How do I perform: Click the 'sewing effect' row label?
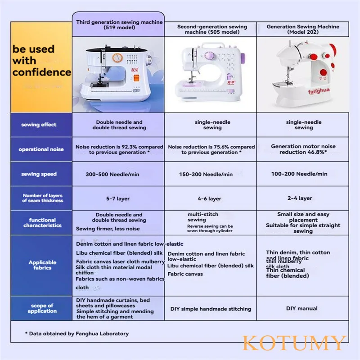39,125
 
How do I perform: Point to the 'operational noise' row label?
41,149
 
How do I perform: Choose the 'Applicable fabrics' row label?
42,265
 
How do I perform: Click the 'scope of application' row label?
42,308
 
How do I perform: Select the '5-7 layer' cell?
118,198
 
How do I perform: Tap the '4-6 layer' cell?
210,198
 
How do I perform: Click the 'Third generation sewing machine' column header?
119,25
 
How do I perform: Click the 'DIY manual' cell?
302,308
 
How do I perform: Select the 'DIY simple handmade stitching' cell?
211,309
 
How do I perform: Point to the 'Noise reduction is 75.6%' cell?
211,149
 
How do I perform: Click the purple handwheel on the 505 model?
242,58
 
